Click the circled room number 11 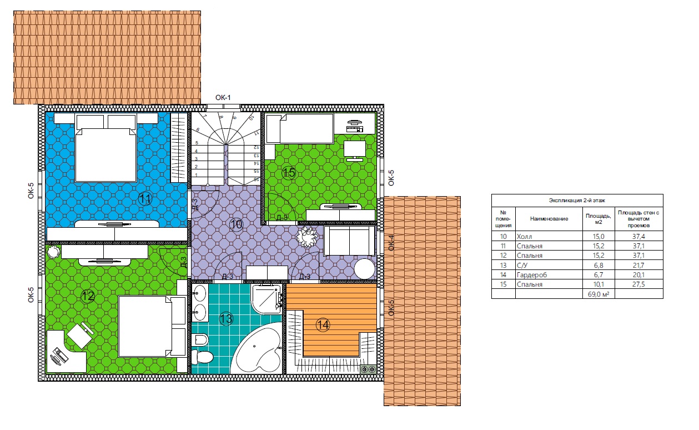145,199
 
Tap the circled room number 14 323,325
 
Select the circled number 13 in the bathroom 226,319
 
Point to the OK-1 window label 223,97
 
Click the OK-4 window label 391,243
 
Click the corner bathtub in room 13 258,349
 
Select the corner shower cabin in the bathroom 267,299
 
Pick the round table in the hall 364,269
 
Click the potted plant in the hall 307,237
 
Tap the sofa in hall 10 349,241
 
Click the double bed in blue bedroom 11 106,148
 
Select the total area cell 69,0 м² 599,294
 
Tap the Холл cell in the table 524,237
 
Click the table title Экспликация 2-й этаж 577,201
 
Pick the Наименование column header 549,218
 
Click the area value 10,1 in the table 599,284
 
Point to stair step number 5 197,143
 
